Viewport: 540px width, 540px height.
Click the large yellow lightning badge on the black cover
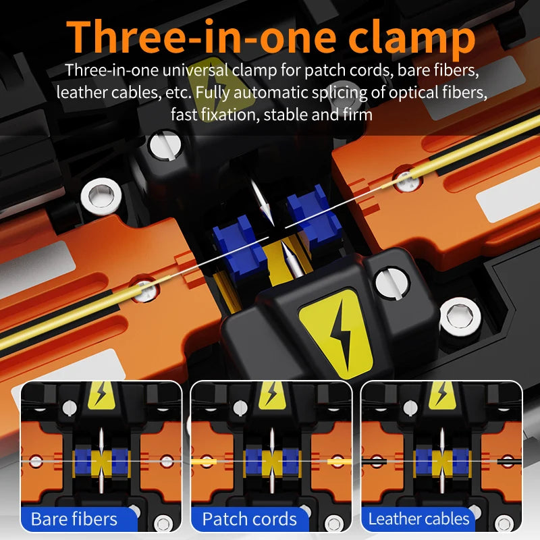(x=335, y=332)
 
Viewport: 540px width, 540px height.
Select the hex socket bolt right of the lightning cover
(x=460, y=316)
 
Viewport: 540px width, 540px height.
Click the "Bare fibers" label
(x=74, y=519)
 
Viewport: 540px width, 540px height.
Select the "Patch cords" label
(x=250, y=519)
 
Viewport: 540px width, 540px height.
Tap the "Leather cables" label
(x=418, y=519)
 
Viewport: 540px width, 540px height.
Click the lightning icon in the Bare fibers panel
(x=102, y=395)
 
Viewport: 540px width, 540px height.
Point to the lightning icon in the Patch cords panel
(x=272, y=395)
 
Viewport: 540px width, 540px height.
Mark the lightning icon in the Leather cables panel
(x=442, y=395)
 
